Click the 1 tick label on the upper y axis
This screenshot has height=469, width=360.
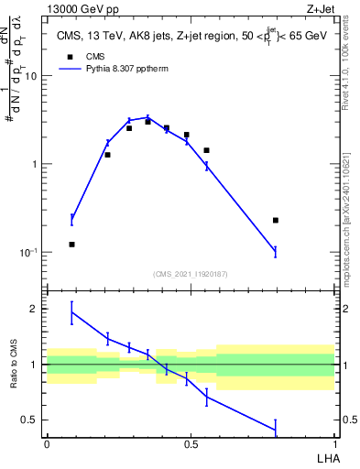pyautogui.click(x=36, y=165)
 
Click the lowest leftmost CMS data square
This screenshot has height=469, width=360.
pyautogui.click(x=72, y=245)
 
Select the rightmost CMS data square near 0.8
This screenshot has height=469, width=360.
pyautogui.click(x=276, y=220)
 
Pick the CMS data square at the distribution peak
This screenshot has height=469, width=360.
pyautogui.click(x=147, y=121)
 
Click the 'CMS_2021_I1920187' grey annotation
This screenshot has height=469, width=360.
pyautogui.click(x=191, y=274)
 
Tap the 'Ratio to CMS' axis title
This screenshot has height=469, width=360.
pyautogui.click(x=14, y=365)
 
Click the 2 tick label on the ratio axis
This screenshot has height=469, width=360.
pyautogui.click(x=36, y=309)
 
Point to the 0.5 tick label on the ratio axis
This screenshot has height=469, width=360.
pyautogui.click(x=32, y=420)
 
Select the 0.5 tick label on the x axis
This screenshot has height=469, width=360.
pyautogui.click(x=191, y=443)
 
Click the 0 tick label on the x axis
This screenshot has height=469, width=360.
pyautogui.click(x=47, y=443)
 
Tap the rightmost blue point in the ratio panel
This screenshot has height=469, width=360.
pyautogui.click(x=276, y=430)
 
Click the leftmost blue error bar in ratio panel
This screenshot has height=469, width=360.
pyautogui.click(x=72, y=312)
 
